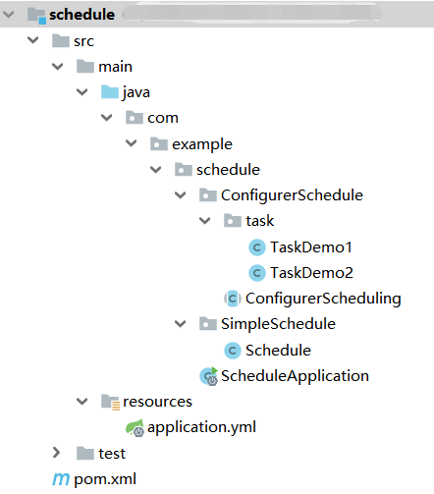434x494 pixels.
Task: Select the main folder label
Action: click(x=115, y=67)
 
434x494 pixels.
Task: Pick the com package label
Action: click(x=163, y=118)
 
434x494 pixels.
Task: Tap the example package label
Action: click(x=202, y=144)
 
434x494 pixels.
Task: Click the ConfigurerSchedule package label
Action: click(x=292, y=195)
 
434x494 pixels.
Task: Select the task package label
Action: click(x=259, y=221)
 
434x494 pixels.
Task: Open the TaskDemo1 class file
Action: click(x=310, y=247)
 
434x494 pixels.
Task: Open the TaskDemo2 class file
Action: click(x=310, y=272)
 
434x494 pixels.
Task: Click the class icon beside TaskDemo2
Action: click(x=257, y=272)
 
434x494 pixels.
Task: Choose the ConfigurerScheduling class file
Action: click(x=322, y=298)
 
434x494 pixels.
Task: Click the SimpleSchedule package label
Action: click(x=278, y=323)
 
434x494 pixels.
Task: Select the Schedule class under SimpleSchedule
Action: click(x=278, y=350)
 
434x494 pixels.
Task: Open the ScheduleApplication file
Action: click(x=294, y=375)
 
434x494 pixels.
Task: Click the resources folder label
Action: click(x=157, y=401)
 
